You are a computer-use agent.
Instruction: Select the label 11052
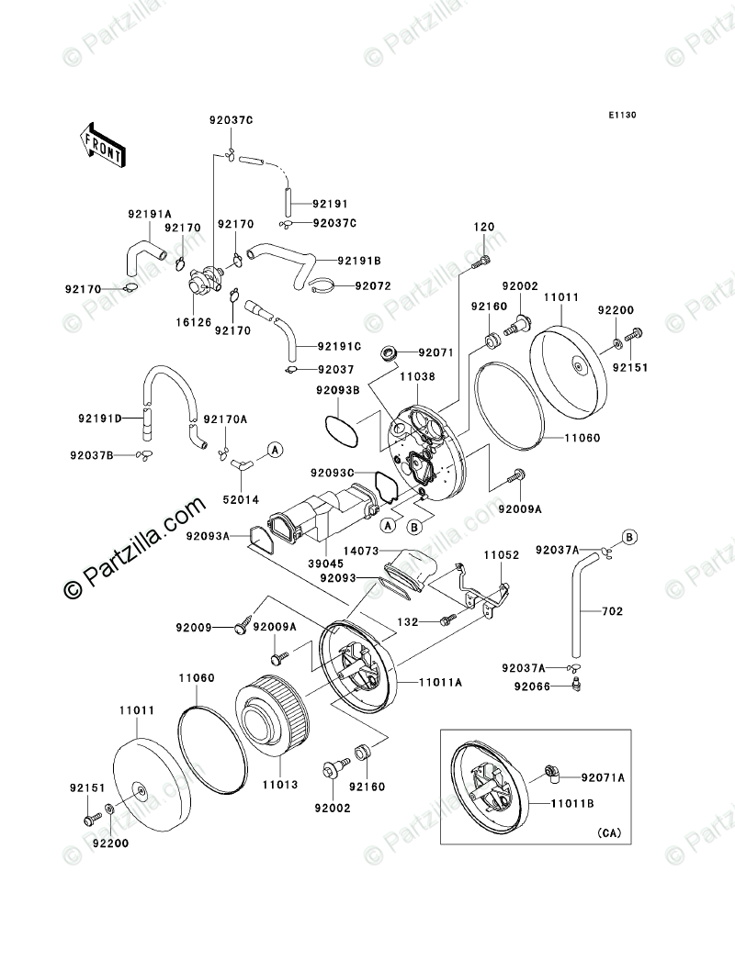[x=503, y=556]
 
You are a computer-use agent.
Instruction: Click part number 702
[x=613, y=609]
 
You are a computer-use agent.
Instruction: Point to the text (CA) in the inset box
[x=609, y=832]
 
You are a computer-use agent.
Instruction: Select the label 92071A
[x=603, y=776]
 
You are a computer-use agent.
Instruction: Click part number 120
[x=484, y=227]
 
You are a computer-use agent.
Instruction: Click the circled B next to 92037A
[x=630, y=536]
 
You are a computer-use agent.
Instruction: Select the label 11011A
[x=442, y=683]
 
